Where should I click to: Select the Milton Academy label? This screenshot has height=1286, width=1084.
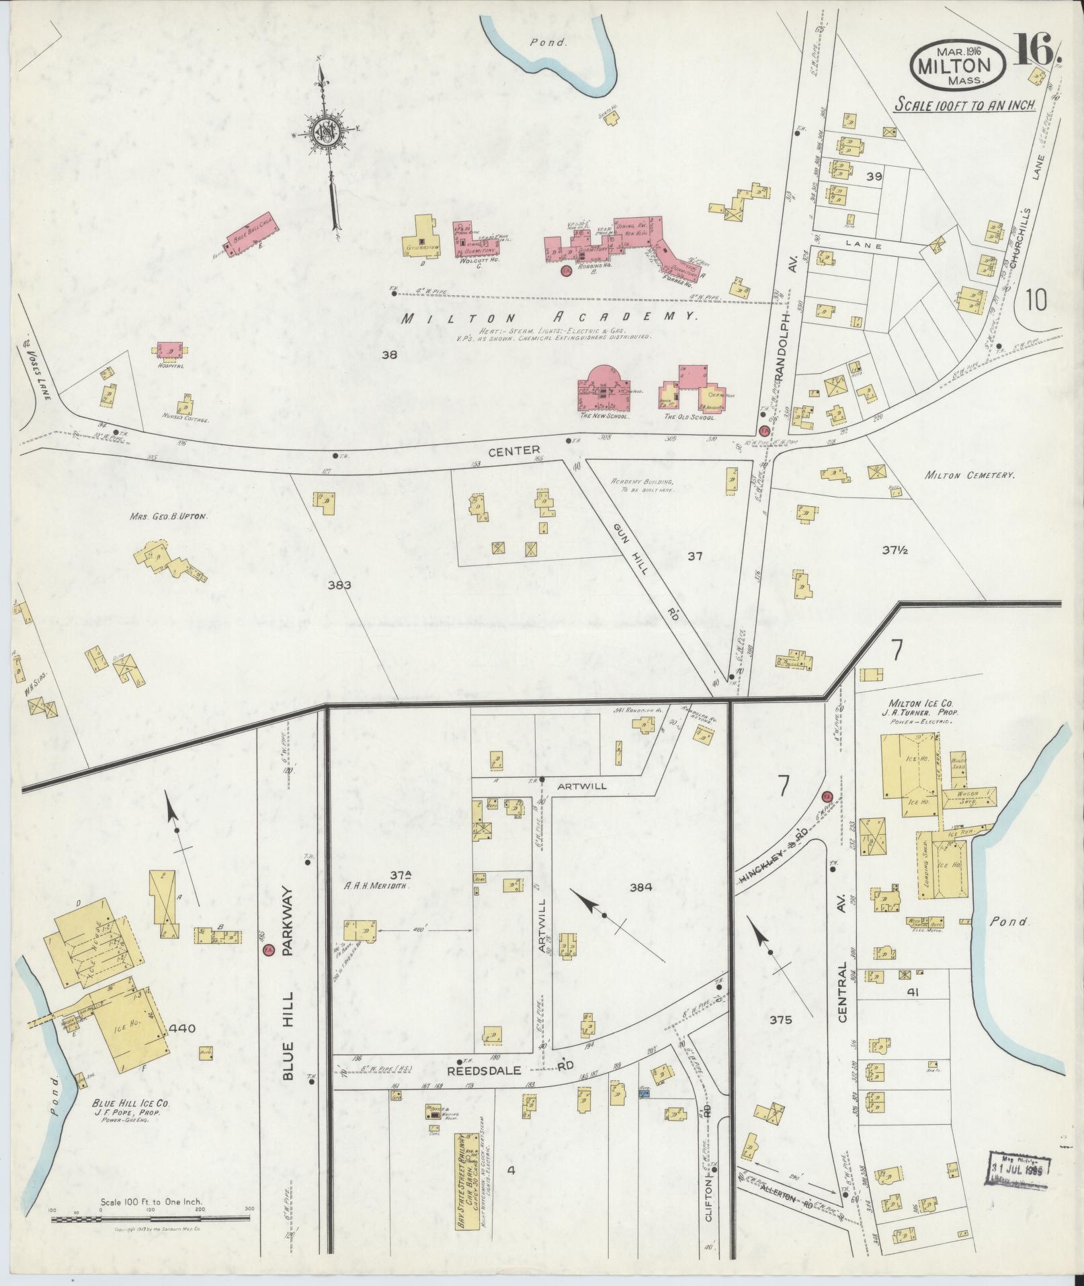pos(548,318)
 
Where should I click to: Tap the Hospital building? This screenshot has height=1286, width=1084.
pos(172,350)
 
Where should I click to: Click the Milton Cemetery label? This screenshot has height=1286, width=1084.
pos(968,475)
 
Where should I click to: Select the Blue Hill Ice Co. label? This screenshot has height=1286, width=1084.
pos(131,1123)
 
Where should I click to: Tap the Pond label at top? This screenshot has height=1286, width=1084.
pos(557,42)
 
